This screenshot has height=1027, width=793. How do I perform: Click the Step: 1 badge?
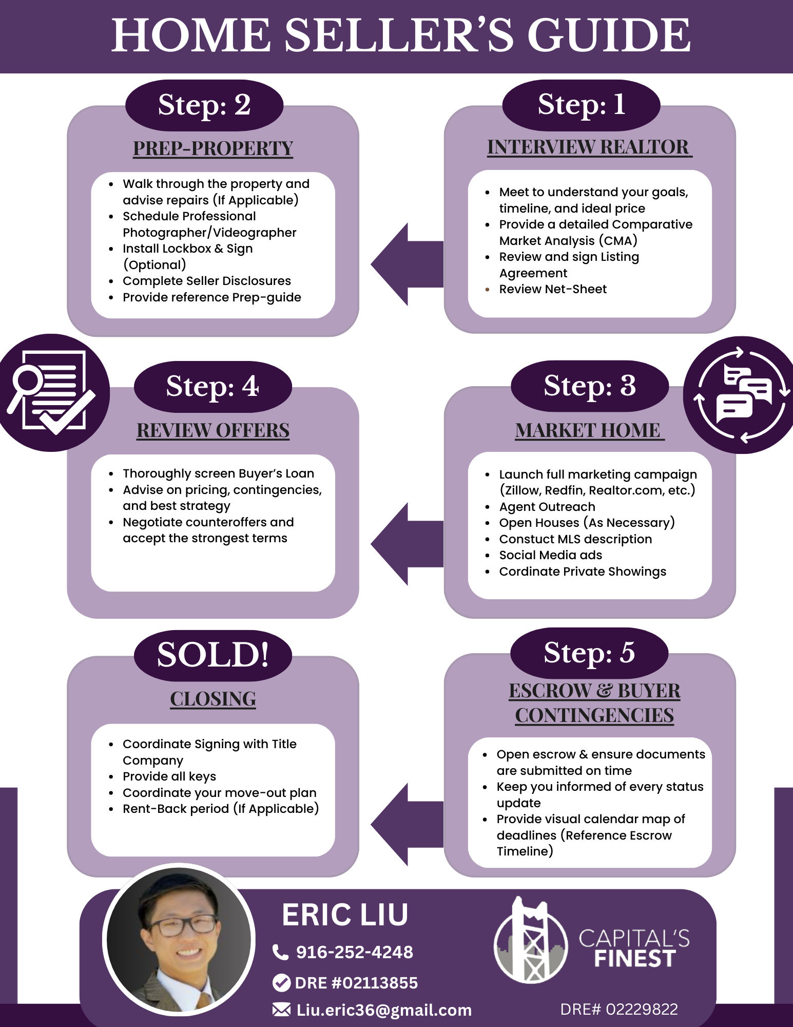[x=581, y=105]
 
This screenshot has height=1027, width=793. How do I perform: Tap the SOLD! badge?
[x=212, y=655]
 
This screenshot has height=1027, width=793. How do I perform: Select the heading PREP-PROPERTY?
[x=212, y=148]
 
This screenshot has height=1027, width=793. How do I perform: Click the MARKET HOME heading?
[x=588, y=430]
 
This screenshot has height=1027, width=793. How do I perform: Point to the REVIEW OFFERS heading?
[x=212, y=430]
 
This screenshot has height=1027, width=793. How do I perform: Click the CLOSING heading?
[x=212, y=699]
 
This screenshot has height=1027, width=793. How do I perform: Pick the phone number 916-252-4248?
[x=354, y=952]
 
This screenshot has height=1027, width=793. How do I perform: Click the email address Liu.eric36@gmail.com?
[x=383, y=1010]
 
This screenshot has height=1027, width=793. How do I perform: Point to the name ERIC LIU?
[x=345, y=915]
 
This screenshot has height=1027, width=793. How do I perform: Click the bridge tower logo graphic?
[x=531, y=941]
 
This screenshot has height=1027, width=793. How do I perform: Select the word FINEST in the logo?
[x=634, y=959]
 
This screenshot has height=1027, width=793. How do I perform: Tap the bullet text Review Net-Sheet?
[x=552, y=289]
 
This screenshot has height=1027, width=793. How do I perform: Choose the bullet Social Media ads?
[x=550, y=555]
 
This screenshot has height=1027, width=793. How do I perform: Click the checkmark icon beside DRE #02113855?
[x=281, y=983]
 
